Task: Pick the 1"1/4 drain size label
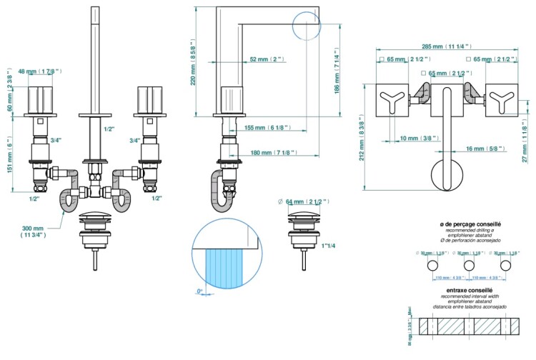[x=329, y=246]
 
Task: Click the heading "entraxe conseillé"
[x=469, y=290]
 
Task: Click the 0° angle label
[x=201, y=291]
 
